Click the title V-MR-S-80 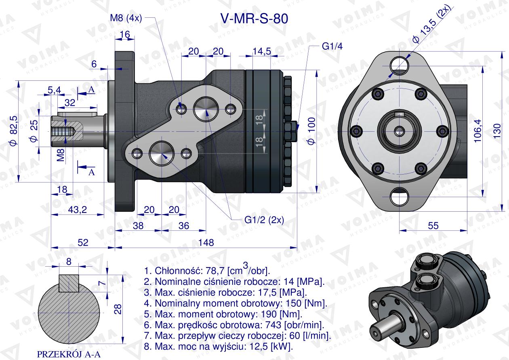coord(254,19)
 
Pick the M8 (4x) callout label coord(125,18)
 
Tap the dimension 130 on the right coord(497,131)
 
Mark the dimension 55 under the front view coord(433,226)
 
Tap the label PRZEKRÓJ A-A coord(68,354)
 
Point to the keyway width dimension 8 coord(69,261)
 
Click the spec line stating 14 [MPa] coord(234,282)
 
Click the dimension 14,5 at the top coord(261,51)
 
